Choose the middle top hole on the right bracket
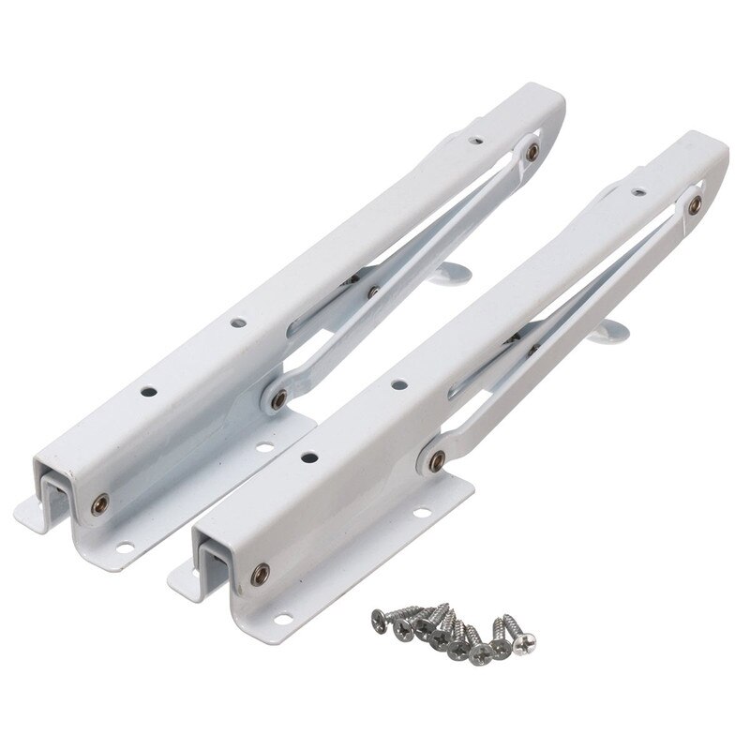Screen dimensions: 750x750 click(397, 383)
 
